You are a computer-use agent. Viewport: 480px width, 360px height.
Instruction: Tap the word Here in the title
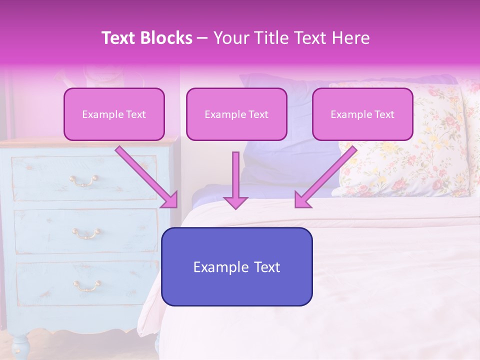(x=350, y=38)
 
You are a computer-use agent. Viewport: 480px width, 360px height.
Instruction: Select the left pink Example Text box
(x=114, y=114)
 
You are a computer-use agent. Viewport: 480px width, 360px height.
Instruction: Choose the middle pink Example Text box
(x=236, y=114)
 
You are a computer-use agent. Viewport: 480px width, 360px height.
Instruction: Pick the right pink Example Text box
(x=362, y=114)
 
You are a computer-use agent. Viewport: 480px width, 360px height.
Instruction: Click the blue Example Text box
(x=236, y=266)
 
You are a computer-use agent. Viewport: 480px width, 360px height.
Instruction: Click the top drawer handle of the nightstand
(x=83, y=180)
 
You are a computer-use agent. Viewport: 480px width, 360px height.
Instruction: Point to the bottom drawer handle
(x=87, y=285)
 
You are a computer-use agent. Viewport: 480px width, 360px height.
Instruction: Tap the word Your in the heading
(x=229, y=38)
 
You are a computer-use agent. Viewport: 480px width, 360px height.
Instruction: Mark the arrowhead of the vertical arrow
(x=235, y=201)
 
